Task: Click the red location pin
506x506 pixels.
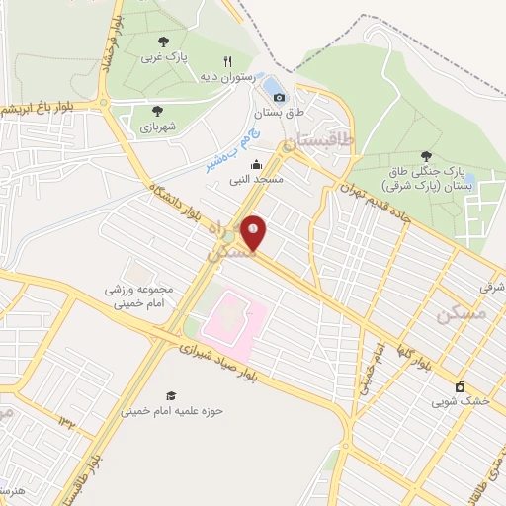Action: (x=254, y=232)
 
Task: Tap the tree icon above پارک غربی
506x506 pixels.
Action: (x=163, y=42)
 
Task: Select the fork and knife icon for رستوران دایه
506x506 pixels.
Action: (x=227, y=61)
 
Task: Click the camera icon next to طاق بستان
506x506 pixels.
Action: (x=279, y=97)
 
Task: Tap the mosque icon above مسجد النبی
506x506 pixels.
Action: (x=257, y=165)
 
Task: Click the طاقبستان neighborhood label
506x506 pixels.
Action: (x=318, y=142)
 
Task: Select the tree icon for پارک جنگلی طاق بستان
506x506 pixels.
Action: (x=426, y=155)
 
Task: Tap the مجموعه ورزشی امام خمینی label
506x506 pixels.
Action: (x=140, y=297)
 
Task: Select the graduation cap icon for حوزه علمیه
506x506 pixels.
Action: (x=171, y=394)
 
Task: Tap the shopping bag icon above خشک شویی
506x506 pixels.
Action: (x=459, y=385)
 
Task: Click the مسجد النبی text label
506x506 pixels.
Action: (x=257, y=181)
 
